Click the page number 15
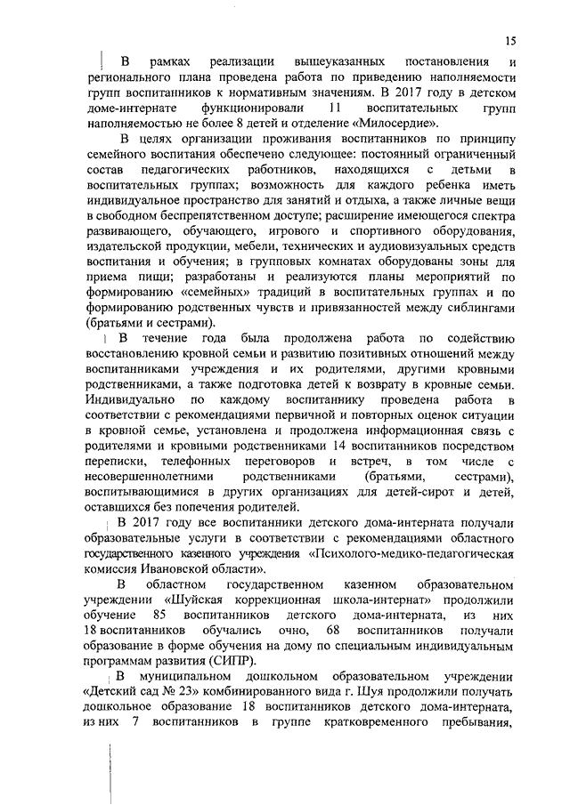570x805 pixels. click(509, 40)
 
